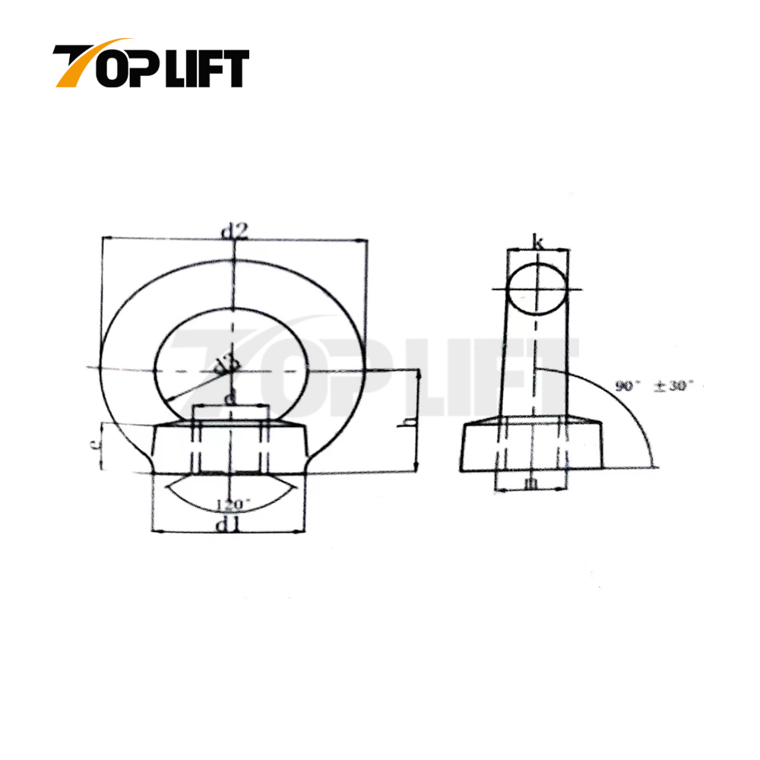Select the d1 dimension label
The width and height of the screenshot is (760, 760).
click(231, 524)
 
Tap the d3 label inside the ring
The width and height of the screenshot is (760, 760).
click(223, 366)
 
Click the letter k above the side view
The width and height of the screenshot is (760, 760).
click(538, 243)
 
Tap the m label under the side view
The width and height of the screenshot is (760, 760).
click(531, 482)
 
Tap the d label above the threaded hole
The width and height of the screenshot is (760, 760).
click(230, 398)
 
